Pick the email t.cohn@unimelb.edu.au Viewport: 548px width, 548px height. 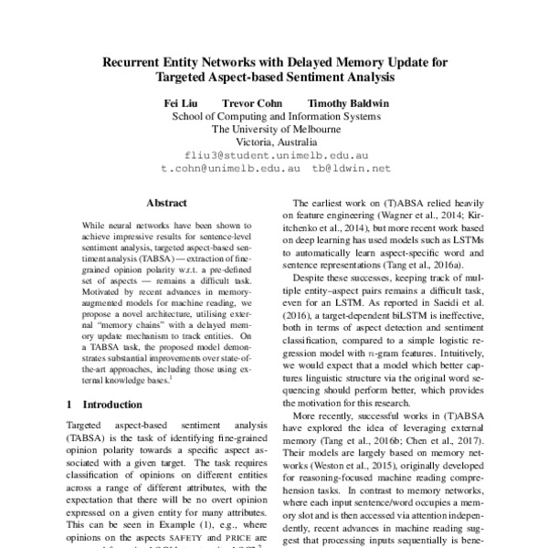[x=230, y=169]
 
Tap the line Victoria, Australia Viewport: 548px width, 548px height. [x=275, y=142]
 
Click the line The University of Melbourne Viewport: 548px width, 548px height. [x=275, y=130]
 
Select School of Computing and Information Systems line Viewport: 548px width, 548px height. [x=275, y=117]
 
